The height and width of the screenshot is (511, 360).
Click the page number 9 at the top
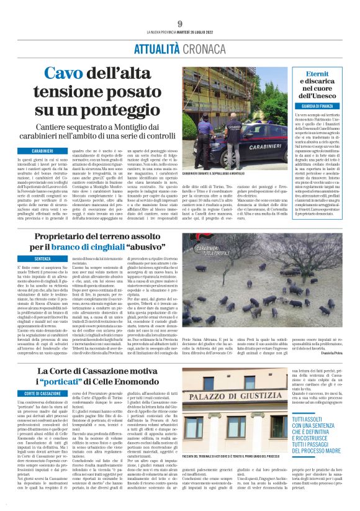179,24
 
